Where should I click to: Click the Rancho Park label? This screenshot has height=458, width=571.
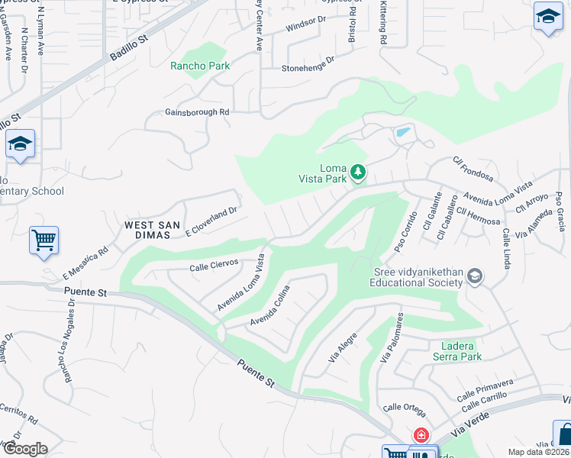click(200, 66)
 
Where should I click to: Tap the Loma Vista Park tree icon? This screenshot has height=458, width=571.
click(357, 173)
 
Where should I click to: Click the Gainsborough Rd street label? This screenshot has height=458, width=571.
click(197, 112)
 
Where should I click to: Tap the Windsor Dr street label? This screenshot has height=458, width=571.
click(305, 26)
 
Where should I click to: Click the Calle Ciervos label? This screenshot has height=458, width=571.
click(214, 266)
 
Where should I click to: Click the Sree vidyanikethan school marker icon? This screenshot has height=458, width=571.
click(475, 276)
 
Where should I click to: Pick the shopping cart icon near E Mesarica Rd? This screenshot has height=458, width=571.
click(44, 240)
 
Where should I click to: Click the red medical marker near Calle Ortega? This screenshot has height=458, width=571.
click(421, 435)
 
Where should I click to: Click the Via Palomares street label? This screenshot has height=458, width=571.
click(392, 338)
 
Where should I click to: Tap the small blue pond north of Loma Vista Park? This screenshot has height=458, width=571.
click(402, 133)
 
